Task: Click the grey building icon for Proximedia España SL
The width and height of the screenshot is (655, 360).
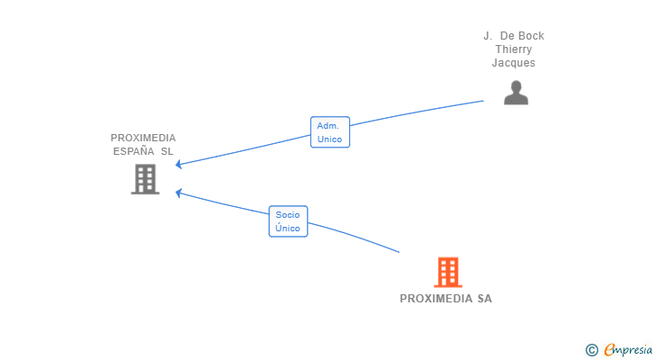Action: click(146, 179)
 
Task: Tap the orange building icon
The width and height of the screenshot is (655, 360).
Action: click(448, 273)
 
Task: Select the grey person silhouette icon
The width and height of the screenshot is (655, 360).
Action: click(516, 93)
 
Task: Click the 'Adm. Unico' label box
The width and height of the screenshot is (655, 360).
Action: click(330, 132)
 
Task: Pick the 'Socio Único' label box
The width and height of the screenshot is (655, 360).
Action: click(288, 221)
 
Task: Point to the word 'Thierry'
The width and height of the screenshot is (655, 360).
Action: click(514, 49)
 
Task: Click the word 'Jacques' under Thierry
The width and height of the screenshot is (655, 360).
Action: click(514, 63)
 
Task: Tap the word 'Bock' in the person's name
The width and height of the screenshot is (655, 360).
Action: click(532, 36)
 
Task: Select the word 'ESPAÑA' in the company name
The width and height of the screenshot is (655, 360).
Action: click(134, 151)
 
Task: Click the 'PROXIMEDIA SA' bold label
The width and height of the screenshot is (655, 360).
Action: click(445, 299)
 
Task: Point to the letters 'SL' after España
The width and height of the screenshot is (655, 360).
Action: click(167, 151)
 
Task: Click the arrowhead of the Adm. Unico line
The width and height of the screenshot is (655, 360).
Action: click(178, 165)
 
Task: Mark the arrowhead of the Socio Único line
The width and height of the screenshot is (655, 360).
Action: click(178, 193)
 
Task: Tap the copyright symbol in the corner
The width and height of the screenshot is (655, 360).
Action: click(591, 350)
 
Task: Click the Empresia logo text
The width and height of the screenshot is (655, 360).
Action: click(628, 349)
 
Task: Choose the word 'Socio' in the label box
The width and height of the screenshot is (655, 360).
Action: click(288, 215)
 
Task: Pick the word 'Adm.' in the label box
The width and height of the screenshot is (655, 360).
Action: click(327, 126)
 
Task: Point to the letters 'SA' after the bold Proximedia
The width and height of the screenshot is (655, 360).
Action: click(485, 299)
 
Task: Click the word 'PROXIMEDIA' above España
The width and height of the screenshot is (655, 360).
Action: click(143, 138)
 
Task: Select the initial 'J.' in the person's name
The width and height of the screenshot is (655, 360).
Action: click(488, 36)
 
